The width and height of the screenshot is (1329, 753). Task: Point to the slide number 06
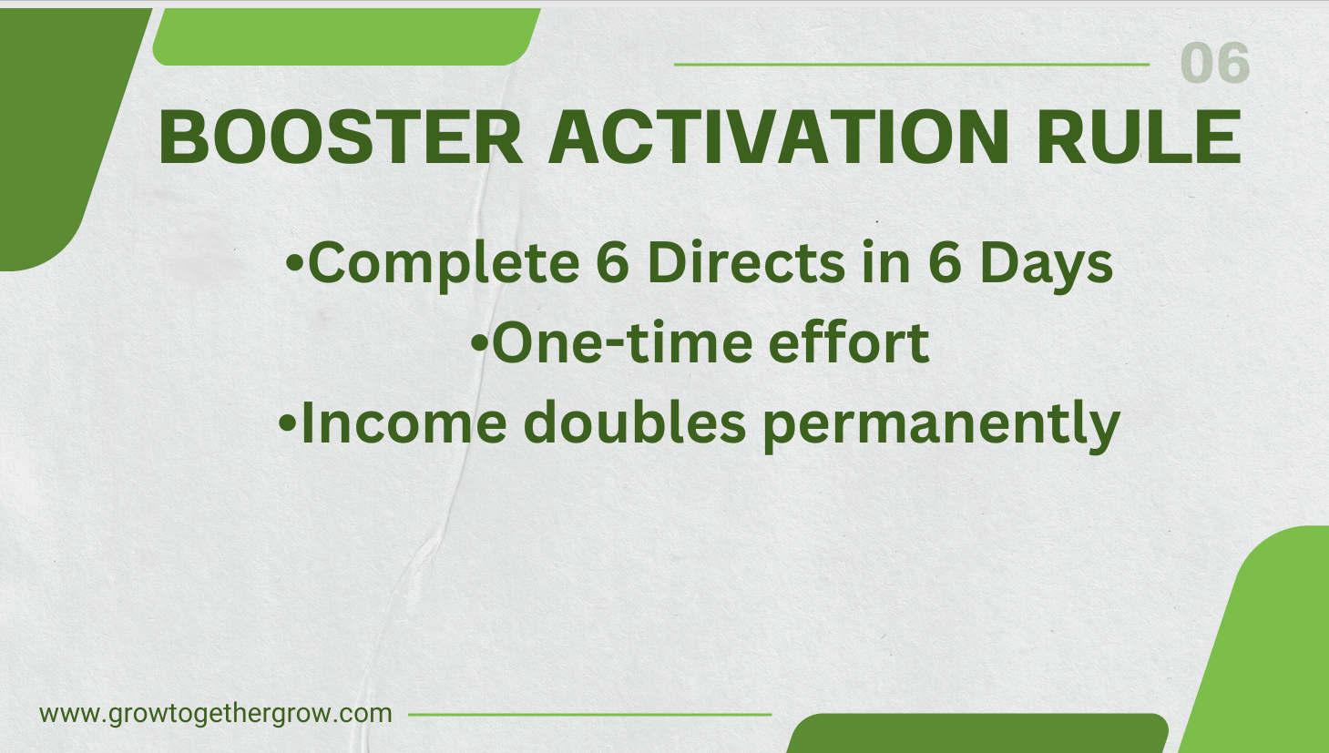pos(1214,64)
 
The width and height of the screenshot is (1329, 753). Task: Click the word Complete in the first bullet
pos(443,263)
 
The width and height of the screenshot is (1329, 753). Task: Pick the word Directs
pos(745,263)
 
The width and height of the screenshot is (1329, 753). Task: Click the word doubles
pos(635,423)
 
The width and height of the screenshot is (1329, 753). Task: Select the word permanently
pos(941,425)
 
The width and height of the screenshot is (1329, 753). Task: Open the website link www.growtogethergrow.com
pos(216,713)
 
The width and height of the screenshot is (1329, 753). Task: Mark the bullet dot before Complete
pos(294,264)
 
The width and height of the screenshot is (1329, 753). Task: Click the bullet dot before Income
pos(287,423)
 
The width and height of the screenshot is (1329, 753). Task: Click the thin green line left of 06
pos(911,65)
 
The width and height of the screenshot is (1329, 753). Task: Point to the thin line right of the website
pos(589,715)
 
